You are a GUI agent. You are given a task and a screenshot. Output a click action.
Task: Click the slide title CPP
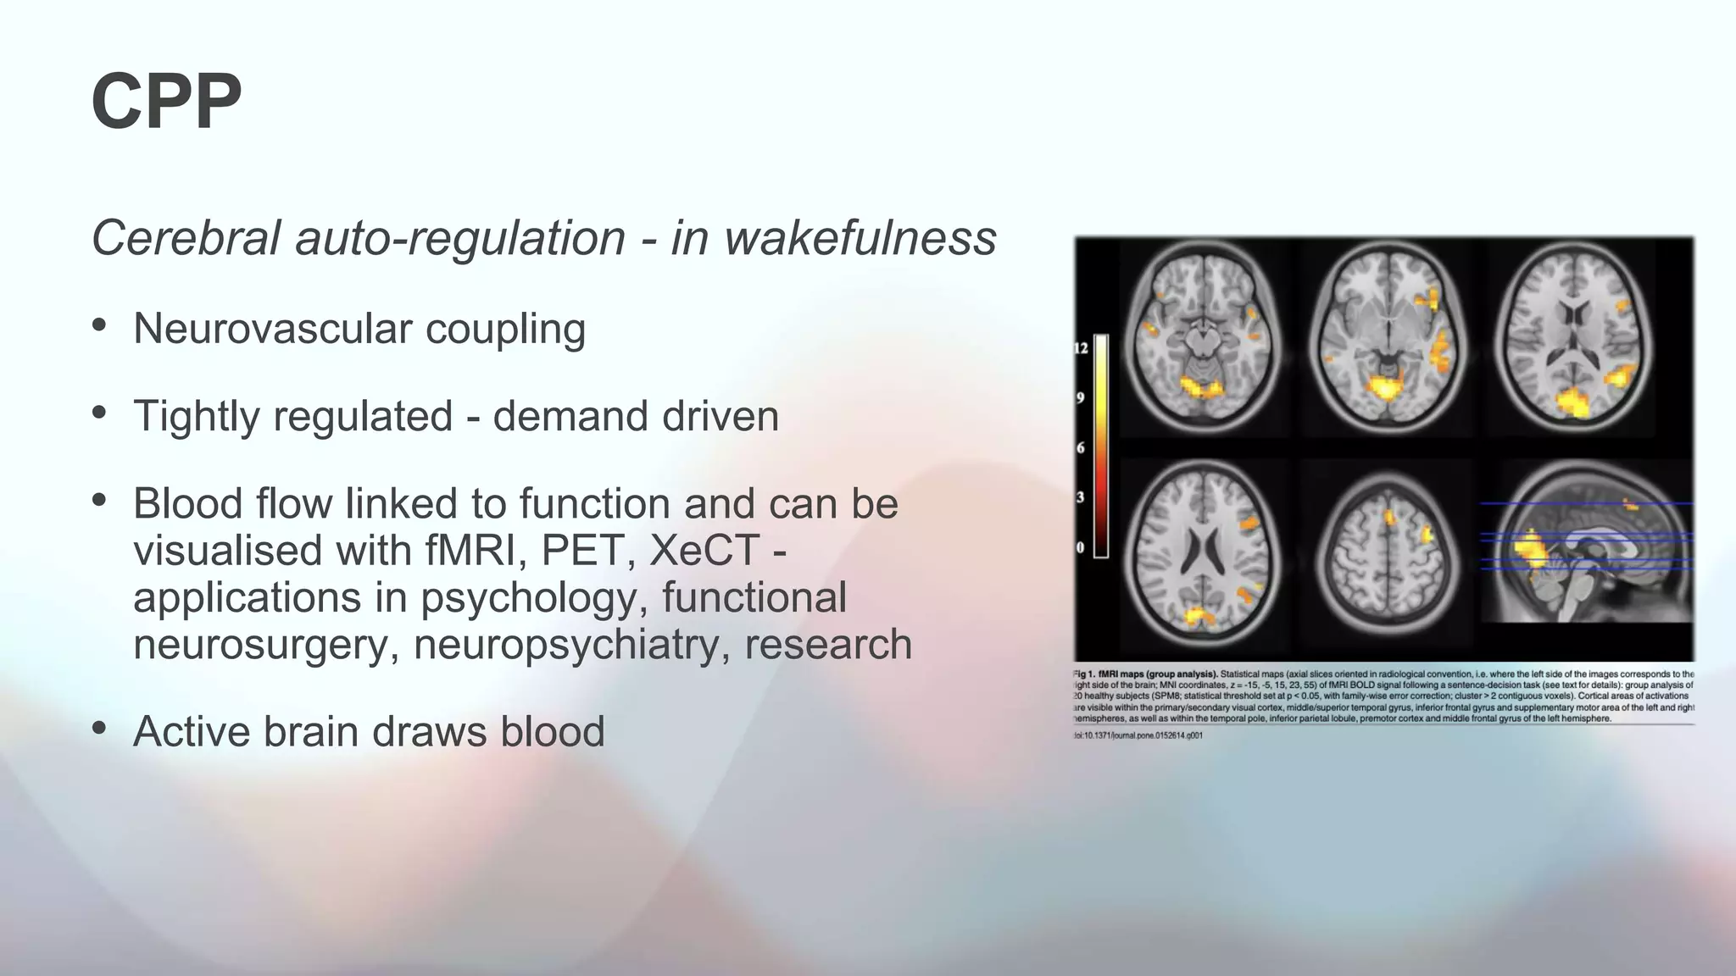166,101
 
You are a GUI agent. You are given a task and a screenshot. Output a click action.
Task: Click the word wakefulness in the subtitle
860,238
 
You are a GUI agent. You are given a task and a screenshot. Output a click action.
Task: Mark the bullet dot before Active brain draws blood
100,728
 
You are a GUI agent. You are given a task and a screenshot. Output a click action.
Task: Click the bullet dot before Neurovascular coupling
100,325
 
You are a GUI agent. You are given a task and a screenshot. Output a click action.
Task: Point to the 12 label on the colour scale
1081,348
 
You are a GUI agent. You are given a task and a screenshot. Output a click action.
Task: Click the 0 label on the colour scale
1080,547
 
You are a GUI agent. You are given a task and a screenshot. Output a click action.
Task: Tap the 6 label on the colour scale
1080,447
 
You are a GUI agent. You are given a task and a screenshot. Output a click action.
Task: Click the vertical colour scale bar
1101,446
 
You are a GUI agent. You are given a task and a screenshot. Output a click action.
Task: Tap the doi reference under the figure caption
1138,735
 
